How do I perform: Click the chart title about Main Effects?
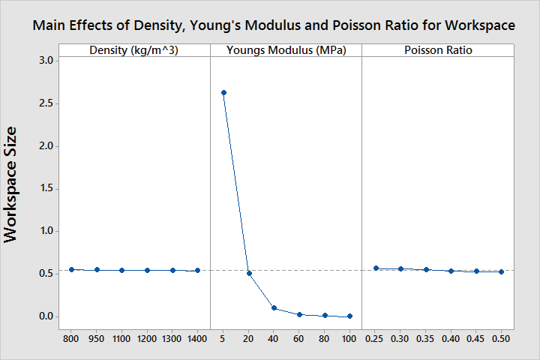click(274, 25)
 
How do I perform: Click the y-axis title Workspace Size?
click(12, 184)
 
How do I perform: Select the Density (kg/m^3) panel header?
click(134, 50)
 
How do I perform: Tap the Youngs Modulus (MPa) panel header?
click(286, 50)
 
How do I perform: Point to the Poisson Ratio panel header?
click(438, 50)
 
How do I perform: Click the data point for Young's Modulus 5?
click(223, 93)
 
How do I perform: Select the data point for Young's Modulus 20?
click(249, 273)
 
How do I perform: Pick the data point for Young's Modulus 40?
click(274, 308)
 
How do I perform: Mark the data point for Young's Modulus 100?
click(349, 316)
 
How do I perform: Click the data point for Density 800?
click(71, 269)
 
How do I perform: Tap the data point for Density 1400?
click(197, 271)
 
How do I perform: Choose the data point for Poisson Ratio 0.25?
click(376, 268)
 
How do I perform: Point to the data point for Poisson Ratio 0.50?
click(501, 271)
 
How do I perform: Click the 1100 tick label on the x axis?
click(121, 338)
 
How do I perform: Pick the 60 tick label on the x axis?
click(299, 338)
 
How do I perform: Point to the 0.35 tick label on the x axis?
click(426, 338)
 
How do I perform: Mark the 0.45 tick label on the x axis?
click(476, 338)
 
